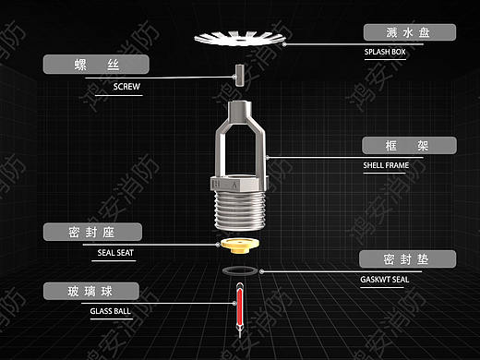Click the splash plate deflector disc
pos(240,38)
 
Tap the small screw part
pos(239,76)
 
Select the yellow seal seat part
pos(240,246)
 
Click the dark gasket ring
pos(240,270)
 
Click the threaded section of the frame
pos(240,210)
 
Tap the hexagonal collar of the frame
pos(240,183)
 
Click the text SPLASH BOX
pos(385,52)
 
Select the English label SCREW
pos(126,87)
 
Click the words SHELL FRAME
pos(386,165)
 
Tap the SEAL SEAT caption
pos(115,253)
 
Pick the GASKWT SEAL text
pos(385,280)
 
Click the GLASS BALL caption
pos(110,311)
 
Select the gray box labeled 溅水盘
pos(410,32)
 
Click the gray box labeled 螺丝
pos(96,65)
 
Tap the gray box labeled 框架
pos(409,145)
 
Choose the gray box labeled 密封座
pos(92,232)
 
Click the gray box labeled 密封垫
pos(407,258)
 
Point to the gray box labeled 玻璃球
pos(91,291)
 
